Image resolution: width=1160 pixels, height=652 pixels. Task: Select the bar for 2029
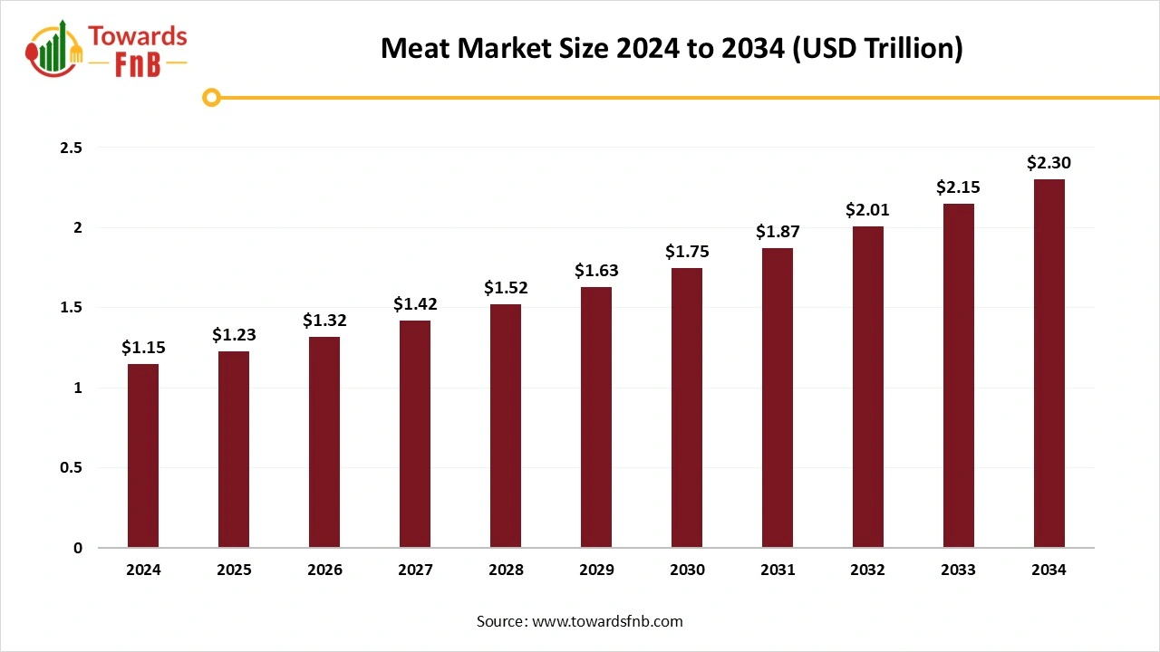coord(596,417)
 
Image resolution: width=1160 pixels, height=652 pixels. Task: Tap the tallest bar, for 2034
coord(1049,363)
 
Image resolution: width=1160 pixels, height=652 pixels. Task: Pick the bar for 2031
coord(778,398)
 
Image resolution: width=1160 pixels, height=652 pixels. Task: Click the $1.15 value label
coord(143,347)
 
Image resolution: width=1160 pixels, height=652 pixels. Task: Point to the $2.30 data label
coord(1049,163)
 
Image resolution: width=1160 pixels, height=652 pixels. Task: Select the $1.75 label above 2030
coord(687,251)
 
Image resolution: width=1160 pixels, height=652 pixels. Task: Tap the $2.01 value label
coord(868,209)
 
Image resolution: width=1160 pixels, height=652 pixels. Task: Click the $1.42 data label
coord(415,304)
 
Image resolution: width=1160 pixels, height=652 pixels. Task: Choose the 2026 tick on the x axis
coord(324,570)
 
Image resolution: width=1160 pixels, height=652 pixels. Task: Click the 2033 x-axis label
coord(959,570)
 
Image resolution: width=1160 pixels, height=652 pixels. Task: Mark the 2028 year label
coord(506,570)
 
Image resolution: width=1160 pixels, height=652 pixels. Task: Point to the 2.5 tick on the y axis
coord(72,148)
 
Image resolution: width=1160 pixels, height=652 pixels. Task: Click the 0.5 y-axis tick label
coord(72,468)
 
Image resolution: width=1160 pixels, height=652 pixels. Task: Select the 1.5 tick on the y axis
coord(72,308)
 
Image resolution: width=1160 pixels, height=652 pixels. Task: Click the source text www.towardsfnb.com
coord(607,621)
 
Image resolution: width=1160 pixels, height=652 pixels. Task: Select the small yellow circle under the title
coord(211,97)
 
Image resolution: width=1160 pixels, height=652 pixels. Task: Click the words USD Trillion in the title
coord(877,48)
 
